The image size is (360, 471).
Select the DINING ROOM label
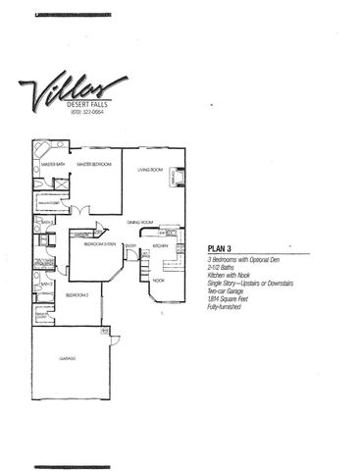(x=143, y=222)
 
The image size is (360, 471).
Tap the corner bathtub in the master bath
(x=41, y=150)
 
